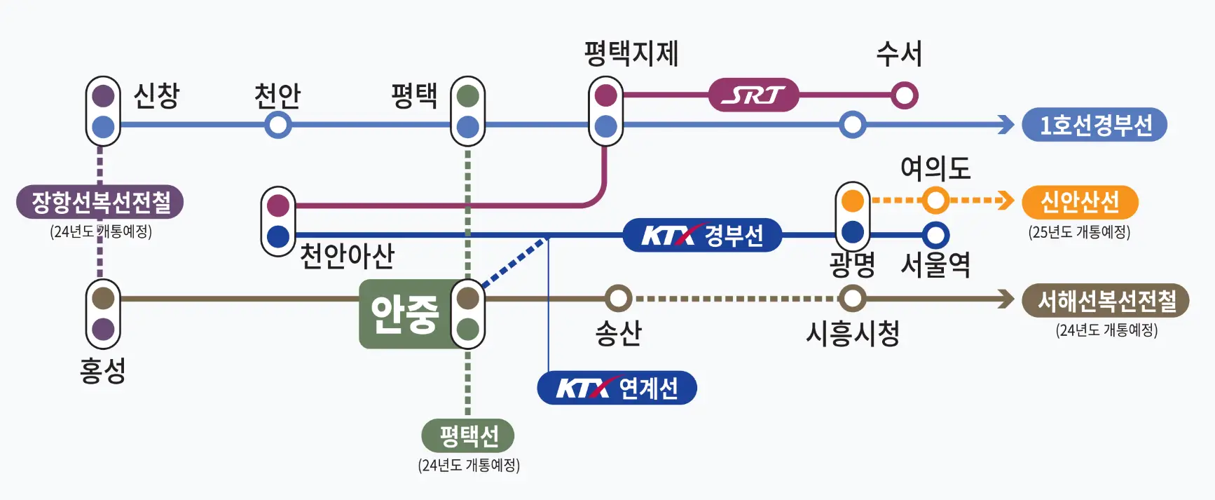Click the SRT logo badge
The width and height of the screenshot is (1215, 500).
753,95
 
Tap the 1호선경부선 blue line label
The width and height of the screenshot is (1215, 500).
1094,125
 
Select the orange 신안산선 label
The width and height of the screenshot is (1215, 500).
1079,202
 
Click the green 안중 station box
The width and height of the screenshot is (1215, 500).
404,314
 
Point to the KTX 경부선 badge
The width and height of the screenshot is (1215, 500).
702,235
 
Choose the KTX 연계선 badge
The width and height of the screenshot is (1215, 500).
617,388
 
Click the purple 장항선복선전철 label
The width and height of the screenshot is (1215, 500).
100,202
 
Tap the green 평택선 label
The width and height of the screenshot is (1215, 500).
468,435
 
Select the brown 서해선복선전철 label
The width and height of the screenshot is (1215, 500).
1105,300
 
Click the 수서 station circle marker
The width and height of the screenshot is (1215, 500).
904,95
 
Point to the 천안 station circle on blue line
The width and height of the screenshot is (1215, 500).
278,125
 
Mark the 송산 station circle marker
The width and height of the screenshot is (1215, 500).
618,298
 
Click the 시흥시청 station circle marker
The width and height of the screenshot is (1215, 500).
852,298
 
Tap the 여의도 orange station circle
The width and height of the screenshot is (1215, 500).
935,201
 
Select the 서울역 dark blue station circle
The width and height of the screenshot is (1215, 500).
935,235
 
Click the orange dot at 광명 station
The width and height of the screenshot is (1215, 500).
852,201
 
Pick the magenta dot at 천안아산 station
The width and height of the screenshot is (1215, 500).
278,205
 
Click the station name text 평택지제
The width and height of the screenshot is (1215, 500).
631,53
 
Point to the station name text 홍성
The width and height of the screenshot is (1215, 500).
102,370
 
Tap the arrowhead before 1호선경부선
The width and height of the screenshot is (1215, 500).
1007,125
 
